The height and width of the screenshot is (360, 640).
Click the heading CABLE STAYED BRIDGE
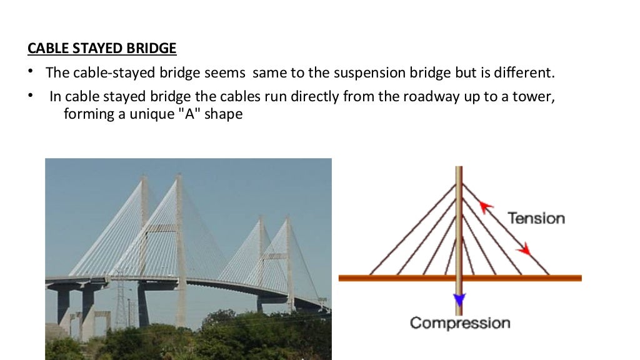[102, 48]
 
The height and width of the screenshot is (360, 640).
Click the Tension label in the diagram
[536, 218]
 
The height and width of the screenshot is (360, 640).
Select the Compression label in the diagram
[459, 323]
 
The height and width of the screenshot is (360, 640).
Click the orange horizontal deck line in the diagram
[400, 278]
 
